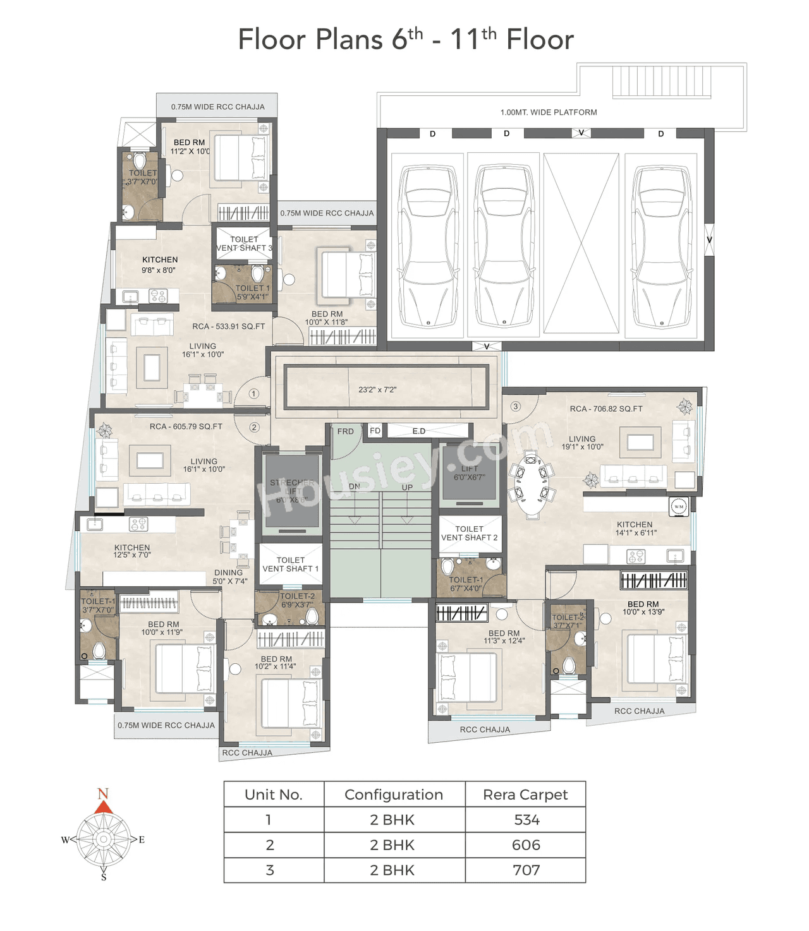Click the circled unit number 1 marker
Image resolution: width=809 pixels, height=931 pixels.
(x=253, y=393)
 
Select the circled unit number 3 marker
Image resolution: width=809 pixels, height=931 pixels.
(x=516, y=406)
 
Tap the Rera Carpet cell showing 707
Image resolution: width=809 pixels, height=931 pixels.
(x=526, y=870)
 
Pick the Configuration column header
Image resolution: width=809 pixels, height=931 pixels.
(x=394, y=795)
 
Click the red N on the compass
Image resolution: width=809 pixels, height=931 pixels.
(x=103, y=793)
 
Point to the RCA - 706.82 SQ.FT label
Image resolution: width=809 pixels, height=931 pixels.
(x=605, y=409)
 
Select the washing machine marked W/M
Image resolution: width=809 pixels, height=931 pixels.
(x=678, y=506)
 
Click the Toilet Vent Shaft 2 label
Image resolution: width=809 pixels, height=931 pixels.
(x=469, y=533)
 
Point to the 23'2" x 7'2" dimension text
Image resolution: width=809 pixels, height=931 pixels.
(x=377, y=390)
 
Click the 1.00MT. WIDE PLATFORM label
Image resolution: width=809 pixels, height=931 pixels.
(x=548, y=112)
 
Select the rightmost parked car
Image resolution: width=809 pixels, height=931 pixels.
(x=661, y=246)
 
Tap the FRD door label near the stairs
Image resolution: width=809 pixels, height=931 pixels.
(x=345, y=431)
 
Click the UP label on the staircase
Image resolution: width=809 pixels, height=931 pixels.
(x=407, y=487)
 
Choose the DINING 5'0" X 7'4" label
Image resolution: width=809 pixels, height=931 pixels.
(x=229, y=577)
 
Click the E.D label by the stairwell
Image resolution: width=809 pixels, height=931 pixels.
(x=418, y=431)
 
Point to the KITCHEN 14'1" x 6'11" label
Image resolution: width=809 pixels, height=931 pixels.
(x=635, y=529)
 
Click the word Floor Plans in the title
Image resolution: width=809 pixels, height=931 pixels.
(x=310, y=39)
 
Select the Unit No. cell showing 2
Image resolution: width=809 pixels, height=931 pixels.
(x=270, y=844)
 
